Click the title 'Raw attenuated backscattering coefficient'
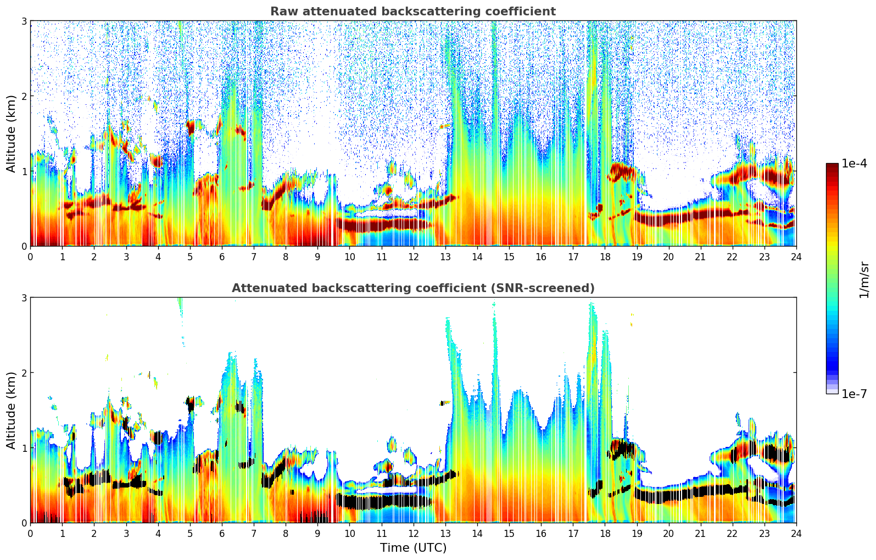click(x=412, y=12)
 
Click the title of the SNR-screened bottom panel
click(x=412, y=288)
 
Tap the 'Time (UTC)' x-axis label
click(x=413, y=547)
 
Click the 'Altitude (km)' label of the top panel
click(x=11, y=133)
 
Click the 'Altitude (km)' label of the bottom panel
click(x=11, y=410)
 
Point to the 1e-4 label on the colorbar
click(x=854, y=164)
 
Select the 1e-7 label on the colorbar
click(x=854, y=394)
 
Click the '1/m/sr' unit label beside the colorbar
click(x=864, y=279)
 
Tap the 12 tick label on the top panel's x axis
click(x=413, y=256)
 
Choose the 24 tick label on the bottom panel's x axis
click(x=796, y=533)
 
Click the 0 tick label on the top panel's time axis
click(x=30, y=256)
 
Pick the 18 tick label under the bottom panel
click(x=605, y=533)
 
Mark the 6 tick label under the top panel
click(x=222, y=256)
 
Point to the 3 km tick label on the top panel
click(x=24, y=21)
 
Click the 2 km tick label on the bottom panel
click(x=24, y=373)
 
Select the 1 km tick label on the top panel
click(x=24, y=171)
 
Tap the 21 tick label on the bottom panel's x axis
click(x=700, y=533)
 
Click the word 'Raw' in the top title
click(x=281, y=12)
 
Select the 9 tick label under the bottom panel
click(x=317, y=533)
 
